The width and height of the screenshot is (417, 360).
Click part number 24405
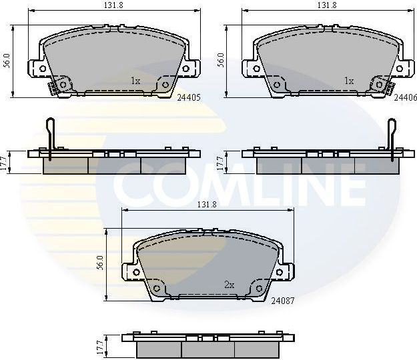pos(189,97)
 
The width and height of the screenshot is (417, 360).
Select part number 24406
pos(405,97)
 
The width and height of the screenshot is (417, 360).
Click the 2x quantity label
pos(229,285)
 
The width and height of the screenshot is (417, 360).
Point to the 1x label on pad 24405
pos(135,81)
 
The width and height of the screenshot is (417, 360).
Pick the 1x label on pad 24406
pos(348,81)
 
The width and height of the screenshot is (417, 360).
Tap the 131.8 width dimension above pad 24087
pos(207,204)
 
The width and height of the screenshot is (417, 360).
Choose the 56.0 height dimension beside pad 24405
pos(6,61)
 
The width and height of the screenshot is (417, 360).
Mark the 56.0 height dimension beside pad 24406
pos(222,61)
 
